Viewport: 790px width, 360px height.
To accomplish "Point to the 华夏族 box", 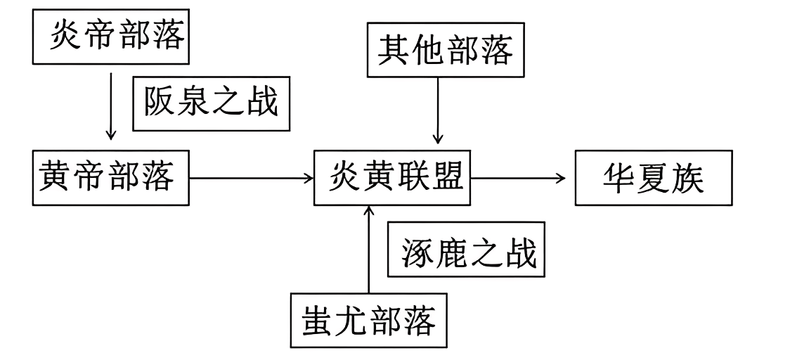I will tap(653, 179).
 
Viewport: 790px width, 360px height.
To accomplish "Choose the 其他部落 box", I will tap(446, 51).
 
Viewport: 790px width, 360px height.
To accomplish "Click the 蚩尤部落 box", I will tap(369, 321).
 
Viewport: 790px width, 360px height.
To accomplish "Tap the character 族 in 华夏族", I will tap(687, 179).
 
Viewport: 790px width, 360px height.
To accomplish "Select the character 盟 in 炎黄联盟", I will tap(448, 178).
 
